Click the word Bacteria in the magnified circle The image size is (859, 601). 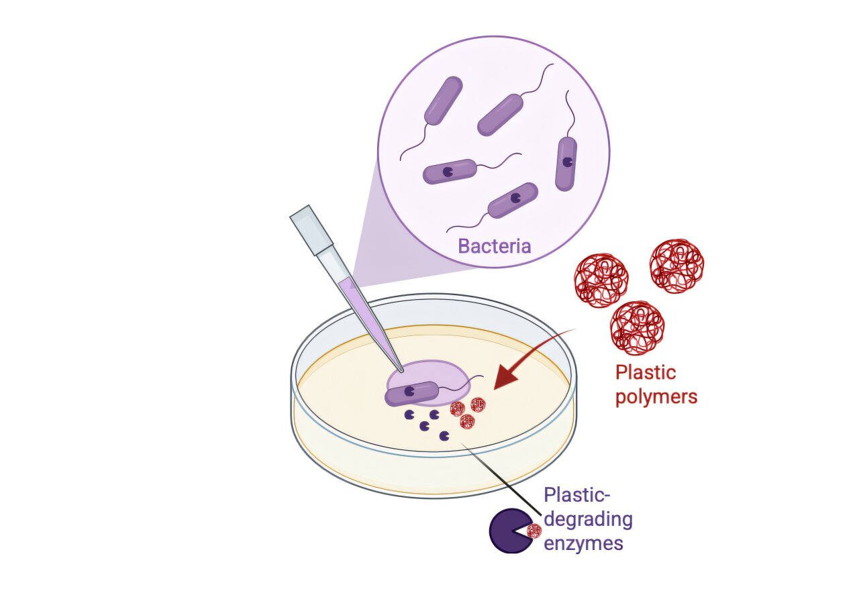tap(494, 245)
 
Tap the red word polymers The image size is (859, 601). tap(656, 396)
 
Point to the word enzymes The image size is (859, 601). tap(583, 542)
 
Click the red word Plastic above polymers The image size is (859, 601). tap(646, 372)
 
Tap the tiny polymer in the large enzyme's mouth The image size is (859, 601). tap(534, 532)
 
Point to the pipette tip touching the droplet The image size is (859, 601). tap(400, 368)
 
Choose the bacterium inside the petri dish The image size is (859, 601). tap(411, 392)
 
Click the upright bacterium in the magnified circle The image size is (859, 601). tap(566, 163)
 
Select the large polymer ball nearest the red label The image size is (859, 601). tap(637, 327)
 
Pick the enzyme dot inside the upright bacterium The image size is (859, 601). tap(568, 162)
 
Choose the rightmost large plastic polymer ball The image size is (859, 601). tap(676, 266)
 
